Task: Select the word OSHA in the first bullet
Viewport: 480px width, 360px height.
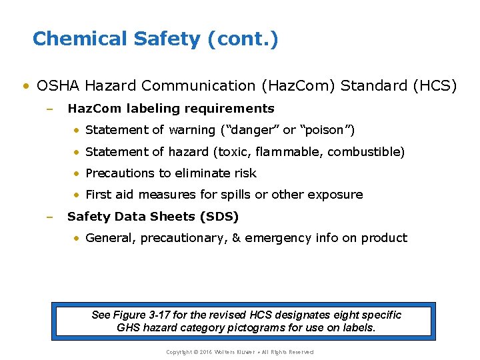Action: coord(59,85)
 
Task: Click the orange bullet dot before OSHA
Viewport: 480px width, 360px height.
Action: coord(25,86)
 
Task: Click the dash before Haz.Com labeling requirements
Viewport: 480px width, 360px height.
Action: coord(49,109)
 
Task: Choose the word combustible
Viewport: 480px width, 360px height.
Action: coord(369,151)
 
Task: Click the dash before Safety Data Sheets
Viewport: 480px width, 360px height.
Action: coord(49,217)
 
